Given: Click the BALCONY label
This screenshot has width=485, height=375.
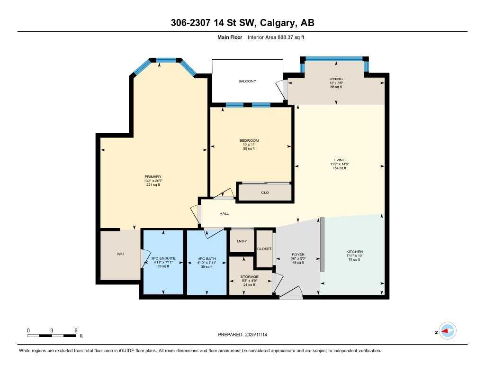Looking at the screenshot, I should [x=247, y=81].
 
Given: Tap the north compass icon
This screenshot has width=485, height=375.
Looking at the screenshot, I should [x=447, y=331].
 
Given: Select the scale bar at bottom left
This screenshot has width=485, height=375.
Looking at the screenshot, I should [x=52, y=336].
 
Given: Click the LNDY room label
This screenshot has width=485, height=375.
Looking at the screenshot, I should [x=242, y=241].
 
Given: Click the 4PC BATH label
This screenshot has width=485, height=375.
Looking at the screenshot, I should [x=207, y=258].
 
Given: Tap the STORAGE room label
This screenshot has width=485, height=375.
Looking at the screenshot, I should [x=249, y=276].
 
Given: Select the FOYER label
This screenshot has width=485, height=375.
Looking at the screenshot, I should [x=298, y=253].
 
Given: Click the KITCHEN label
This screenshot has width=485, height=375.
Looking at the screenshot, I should [x=354, y=252].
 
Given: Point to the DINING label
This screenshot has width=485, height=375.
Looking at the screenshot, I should [x=336, y=79].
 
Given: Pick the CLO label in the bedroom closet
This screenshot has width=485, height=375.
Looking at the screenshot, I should [x=265, y=193].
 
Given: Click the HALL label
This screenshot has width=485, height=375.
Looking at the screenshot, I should [x=224, y=213].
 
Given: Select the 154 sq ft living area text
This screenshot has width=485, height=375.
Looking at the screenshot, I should [x=339, y=169].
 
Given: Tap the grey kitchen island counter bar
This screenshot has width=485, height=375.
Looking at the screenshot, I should [x=322, y=244].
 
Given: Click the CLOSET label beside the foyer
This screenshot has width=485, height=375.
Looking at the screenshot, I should [x=264, y=248].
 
